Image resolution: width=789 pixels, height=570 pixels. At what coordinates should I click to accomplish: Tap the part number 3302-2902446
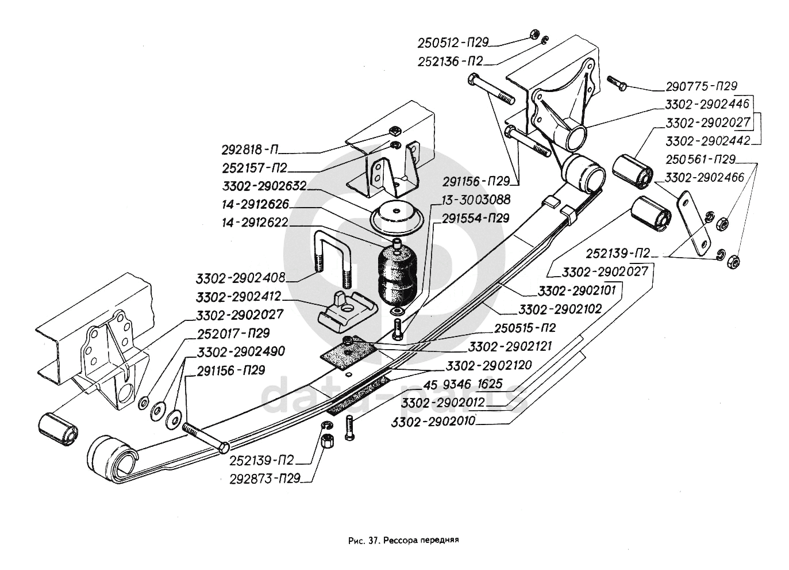point(707,105)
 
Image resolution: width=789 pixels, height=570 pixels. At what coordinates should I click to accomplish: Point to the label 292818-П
point(251,150)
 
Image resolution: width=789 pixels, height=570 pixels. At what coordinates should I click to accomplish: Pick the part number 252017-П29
point(232,333)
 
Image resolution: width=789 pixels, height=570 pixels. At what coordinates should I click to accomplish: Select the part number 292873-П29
point(264,478)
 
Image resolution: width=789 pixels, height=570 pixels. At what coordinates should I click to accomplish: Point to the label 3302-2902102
point(560,309)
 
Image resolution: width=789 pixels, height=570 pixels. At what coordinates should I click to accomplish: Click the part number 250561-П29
point(701,159)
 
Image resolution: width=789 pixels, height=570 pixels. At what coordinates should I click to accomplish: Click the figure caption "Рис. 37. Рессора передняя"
point(402,541)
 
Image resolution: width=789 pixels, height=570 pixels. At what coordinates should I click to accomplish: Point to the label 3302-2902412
point(238,297)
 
